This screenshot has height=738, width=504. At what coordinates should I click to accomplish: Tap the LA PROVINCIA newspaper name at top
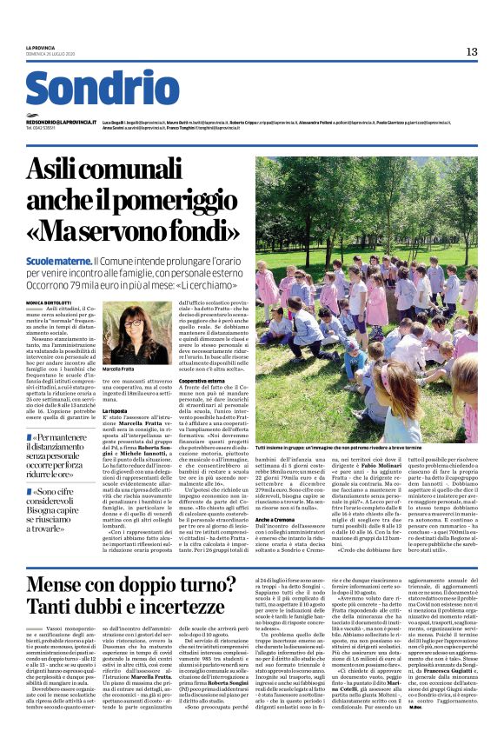click(40, 49)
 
